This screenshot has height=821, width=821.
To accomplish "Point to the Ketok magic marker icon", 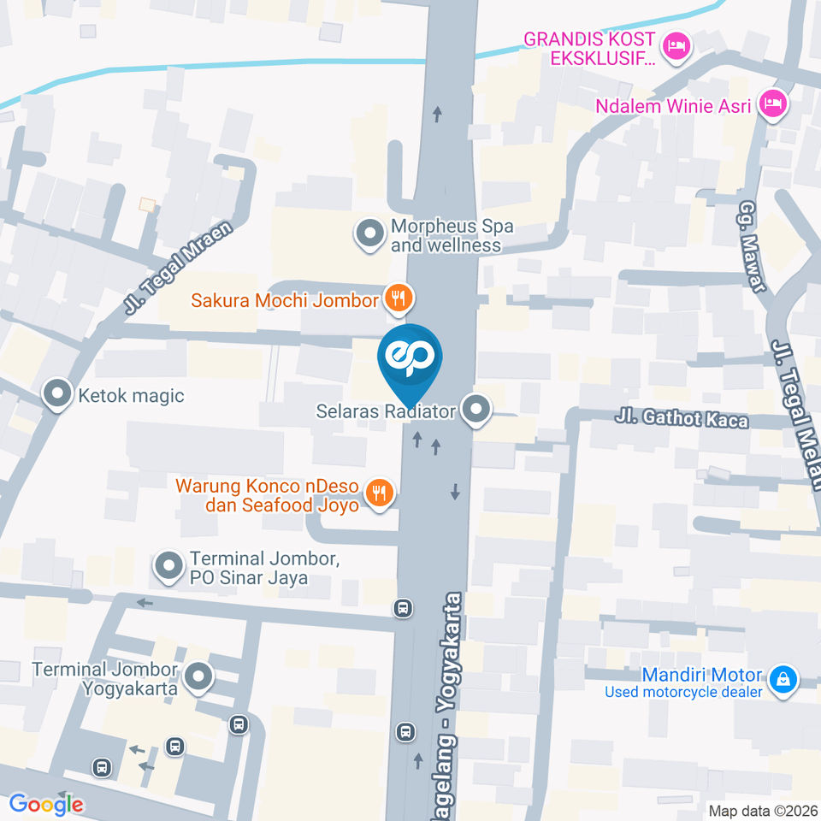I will [x=57, y=394].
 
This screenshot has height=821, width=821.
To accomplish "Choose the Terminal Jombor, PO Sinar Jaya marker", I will [x=168, y=565].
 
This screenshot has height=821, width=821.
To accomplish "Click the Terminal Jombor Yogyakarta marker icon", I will [x=199, y=676].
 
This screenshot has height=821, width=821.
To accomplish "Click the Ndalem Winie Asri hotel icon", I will [x=775, y=104].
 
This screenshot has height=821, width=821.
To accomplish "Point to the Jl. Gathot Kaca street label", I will [x=682, y=419].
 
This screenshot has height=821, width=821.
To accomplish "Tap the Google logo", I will [x=46, y=804].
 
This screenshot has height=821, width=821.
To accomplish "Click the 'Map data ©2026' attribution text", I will [x=762, y=810].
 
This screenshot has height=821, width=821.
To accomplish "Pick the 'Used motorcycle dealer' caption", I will [x=683, y=692].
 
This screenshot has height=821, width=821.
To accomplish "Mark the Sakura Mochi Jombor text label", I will [x=284, y=300].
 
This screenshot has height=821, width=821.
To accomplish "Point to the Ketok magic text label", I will [x=130, y=395].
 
